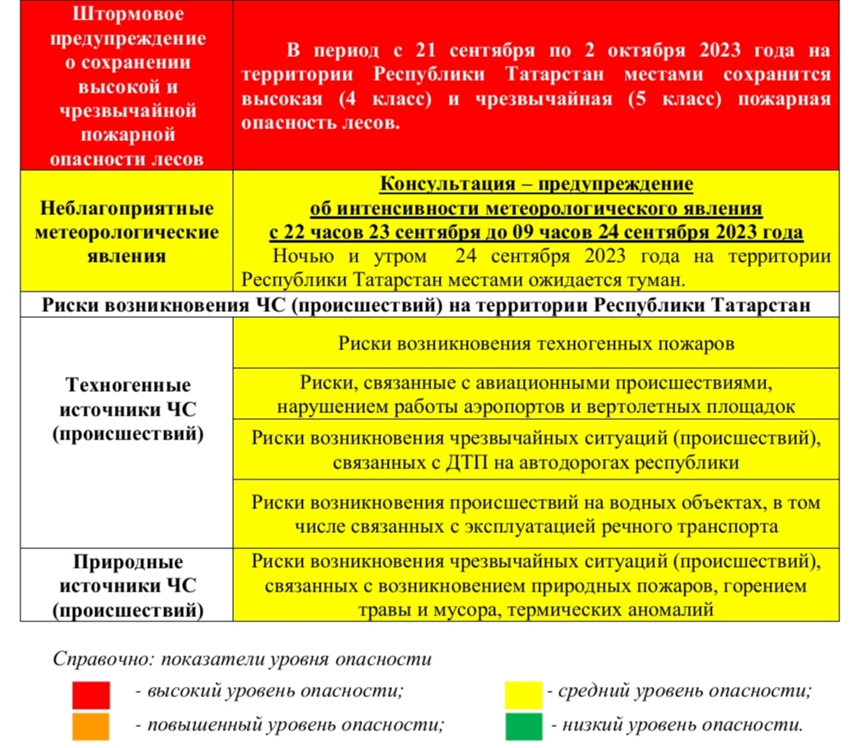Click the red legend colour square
[91, 694]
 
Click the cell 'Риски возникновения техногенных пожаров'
[536, 344]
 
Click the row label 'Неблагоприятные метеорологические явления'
[127, 232]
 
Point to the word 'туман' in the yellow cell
[658, 279]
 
